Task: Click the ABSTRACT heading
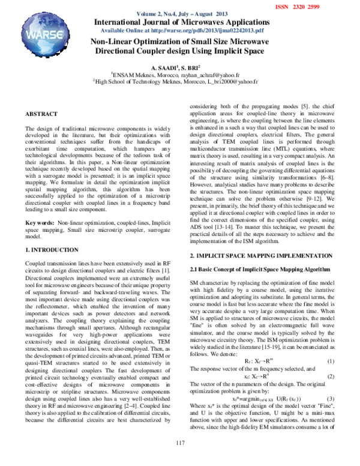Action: click(x=41, y=114)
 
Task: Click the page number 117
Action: click(x=180, y=459)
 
